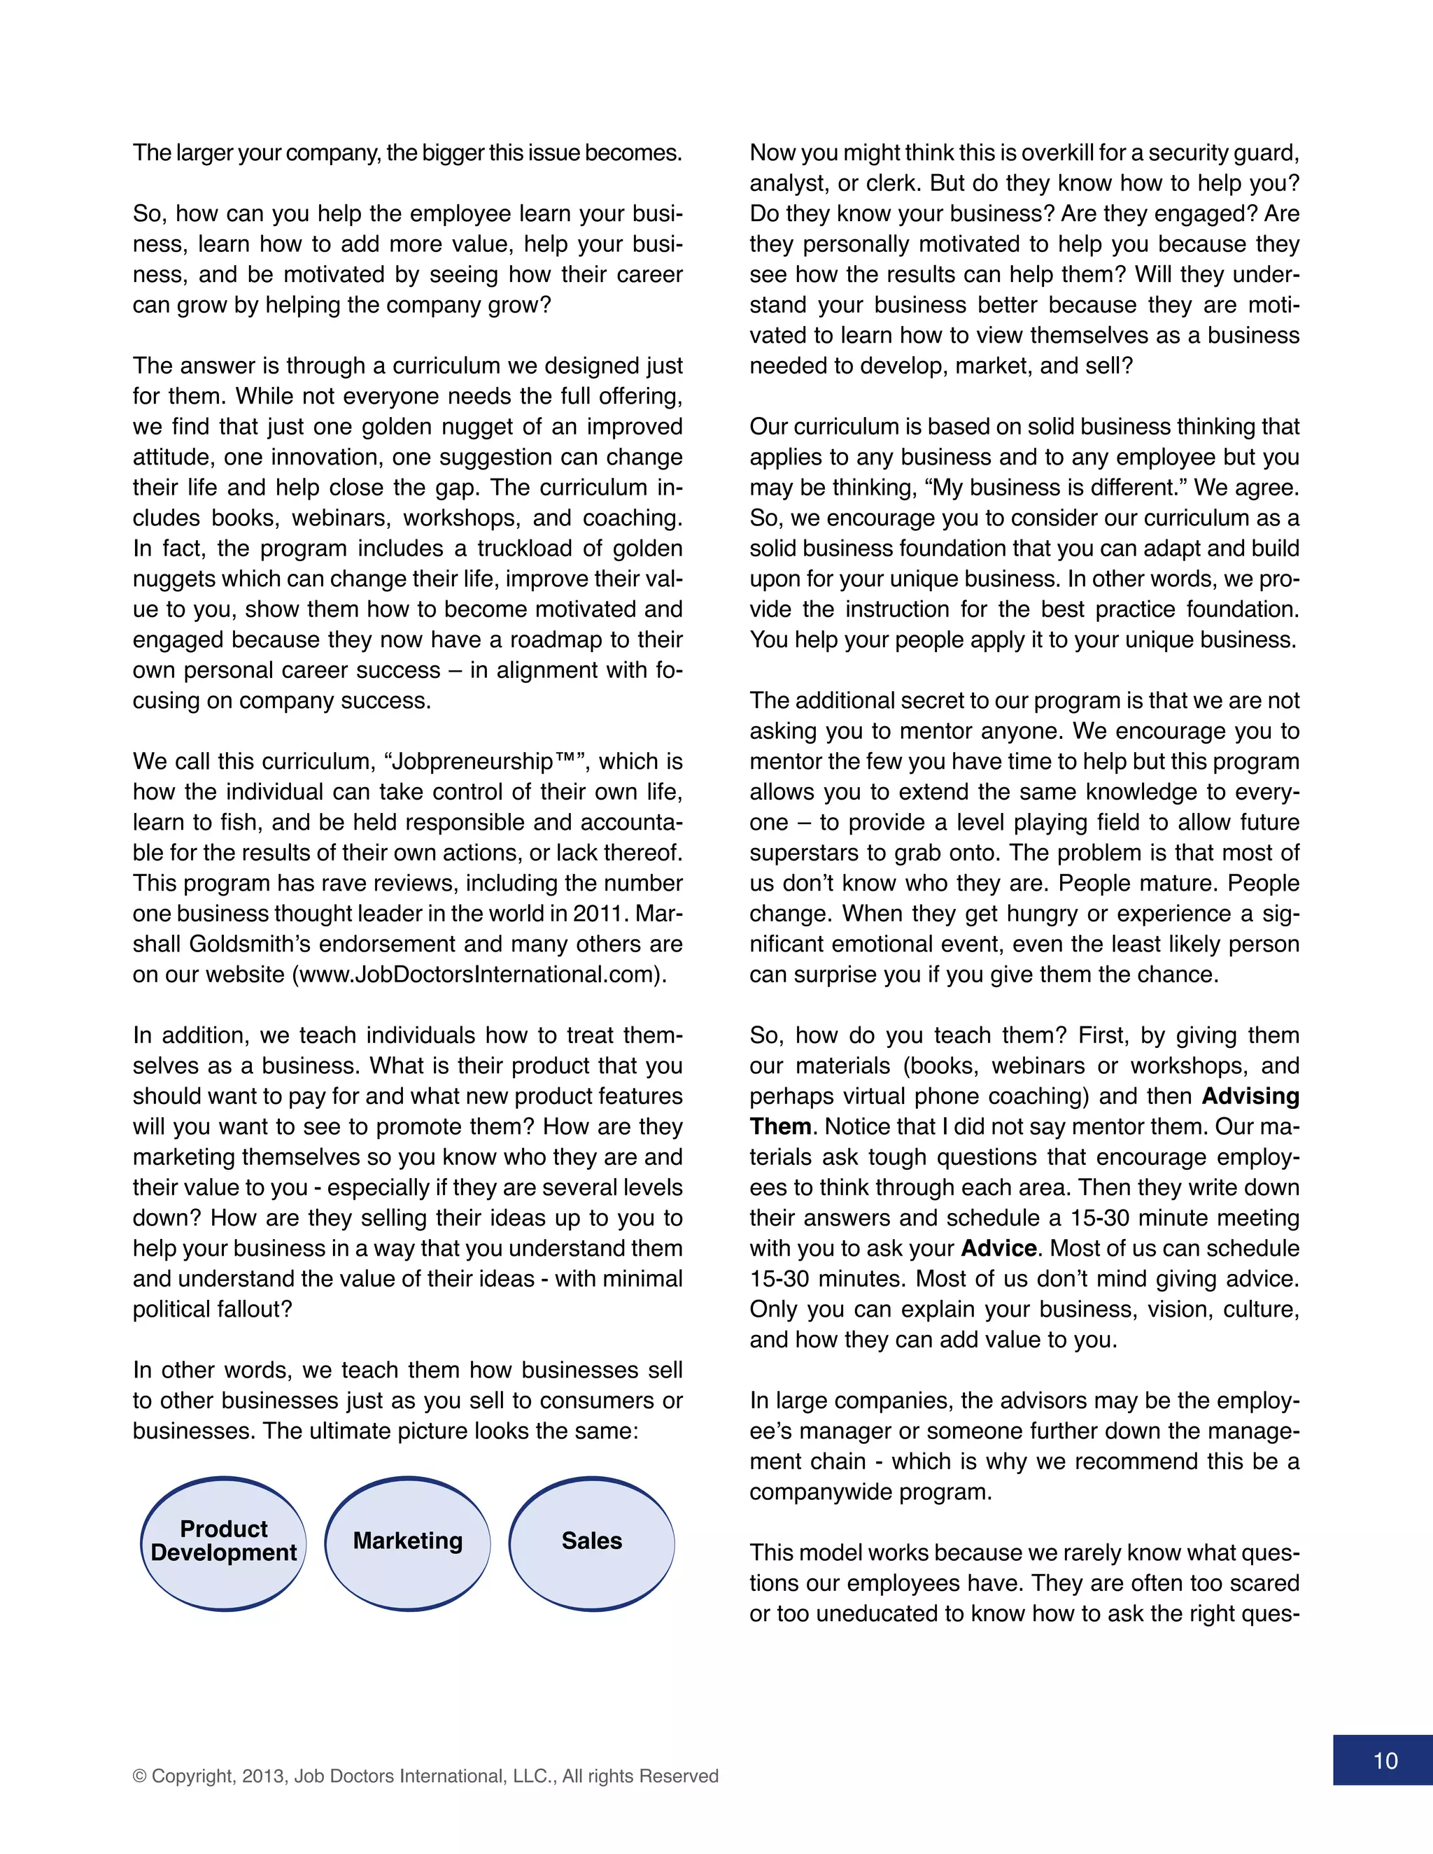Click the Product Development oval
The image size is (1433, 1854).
[223, 1543]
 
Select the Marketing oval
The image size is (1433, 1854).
[407, 1543]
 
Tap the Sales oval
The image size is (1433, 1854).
[592, 1543]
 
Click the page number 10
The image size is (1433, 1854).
[1385, 1762]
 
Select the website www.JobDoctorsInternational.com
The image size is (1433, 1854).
[479, 975]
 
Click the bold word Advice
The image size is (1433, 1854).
[998, 1249]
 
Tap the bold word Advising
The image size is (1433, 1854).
[1250, 1097]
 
